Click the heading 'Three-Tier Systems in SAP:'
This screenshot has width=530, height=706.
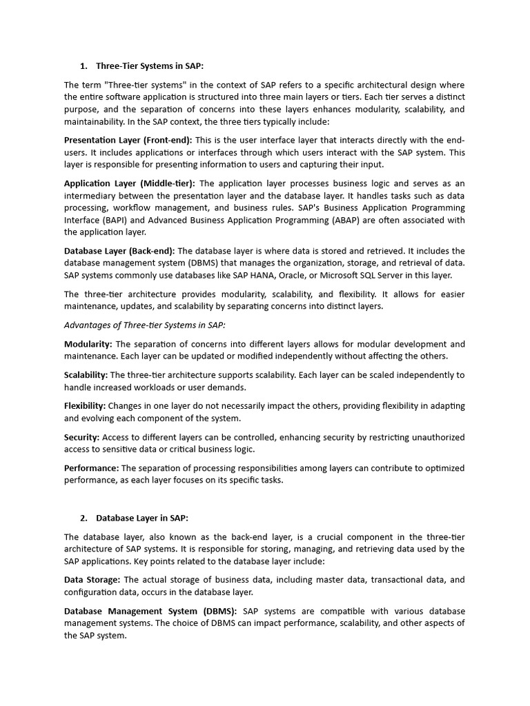coord(150,66)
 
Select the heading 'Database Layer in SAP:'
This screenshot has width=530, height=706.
coord(141,518)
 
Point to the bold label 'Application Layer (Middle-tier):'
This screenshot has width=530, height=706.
coord(129,183)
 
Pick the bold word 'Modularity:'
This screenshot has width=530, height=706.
coord(88,344)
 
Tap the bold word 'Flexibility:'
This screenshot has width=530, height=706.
coord(85,406)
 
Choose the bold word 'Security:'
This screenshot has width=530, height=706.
coord(82,437)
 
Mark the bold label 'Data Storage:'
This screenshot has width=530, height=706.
coord(92,580)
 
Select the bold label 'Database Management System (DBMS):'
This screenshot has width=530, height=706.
coord(150,611)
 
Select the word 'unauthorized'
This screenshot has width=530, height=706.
coord(432,437)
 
